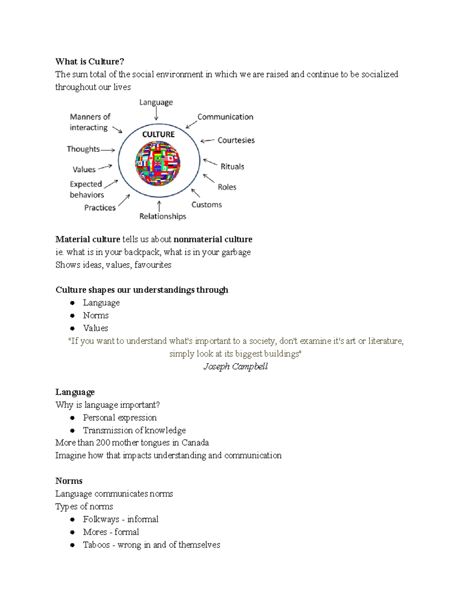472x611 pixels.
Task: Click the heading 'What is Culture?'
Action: click(x=90, y=61)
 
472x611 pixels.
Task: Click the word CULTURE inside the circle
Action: click(x=158, y=134)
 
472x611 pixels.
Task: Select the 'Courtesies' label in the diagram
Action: click(x=236, y=140)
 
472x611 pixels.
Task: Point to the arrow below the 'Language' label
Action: click(x=156, y=114)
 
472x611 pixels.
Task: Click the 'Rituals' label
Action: click(x=232, y=166)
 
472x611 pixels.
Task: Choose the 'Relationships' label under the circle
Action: click(x=162, y=216)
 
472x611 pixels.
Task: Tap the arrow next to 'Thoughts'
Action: click(x=107, y=150)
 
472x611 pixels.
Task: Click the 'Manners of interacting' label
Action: click(x=90, y=122)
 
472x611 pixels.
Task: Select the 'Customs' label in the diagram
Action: click(x=206, y=205)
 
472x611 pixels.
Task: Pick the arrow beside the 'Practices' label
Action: click(x=124, y=201)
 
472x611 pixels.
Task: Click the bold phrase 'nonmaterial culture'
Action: click(x=213, y=239)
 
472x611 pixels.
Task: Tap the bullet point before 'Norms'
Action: click(x=72, y=316)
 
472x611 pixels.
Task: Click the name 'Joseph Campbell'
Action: click(x=235, y=366)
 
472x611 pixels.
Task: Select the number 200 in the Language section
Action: click(x=103, y=443)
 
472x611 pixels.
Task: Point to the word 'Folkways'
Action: click(x=101, y=519)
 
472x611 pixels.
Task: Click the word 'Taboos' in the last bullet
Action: click(x=96, y=545)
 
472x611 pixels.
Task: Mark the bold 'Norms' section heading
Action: click(x=69, y=481)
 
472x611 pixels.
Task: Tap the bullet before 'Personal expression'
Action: click(x=72, y=418)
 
